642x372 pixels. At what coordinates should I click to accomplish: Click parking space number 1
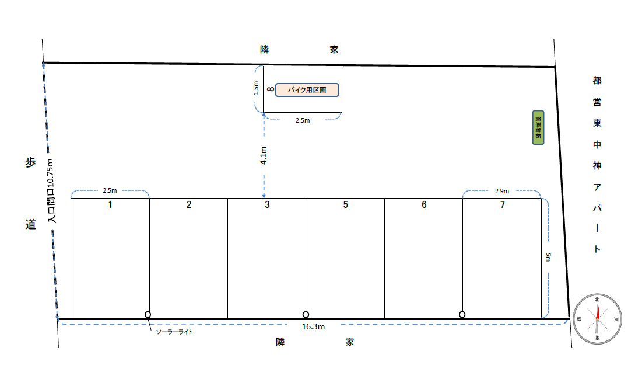click(110, 257)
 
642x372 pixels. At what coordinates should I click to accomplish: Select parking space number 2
click(188, 257)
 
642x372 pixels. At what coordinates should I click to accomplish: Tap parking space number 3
click(266, 257)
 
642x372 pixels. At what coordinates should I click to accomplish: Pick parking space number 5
click(345, 257)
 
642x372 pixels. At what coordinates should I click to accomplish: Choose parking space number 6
click(423, 257)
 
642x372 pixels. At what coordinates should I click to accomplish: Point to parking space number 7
click(502, 257)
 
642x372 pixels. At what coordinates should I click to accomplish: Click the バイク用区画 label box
click(307, 90)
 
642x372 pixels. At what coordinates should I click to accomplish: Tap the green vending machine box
click(538, 128)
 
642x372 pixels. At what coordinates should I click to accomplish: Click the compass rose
click(597, 319)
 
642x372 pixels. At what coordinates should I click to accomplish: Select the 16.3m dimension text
click(313, 327)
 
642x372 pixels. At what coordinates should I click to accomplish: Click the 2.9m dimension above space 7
click(501, 191)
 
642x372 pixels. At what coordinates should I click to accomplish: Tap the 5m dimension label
click(548, 258)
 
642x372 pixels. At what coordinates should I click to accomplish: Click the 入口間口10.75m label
click(52, 191)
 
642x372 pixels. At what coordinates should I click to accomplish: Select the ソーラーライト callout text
click(174, 332)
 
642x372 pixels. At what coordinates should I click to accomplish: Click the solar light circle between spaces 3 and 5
click(306, 315)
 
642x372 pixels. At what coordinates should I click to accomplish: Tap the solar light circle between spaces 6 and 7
click(462, 315)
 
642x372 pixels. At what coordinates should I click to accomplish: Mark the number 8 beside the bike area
click(270, 89)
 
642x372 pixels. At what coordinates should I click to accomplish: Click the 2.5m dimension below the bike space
click(303, 121)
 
